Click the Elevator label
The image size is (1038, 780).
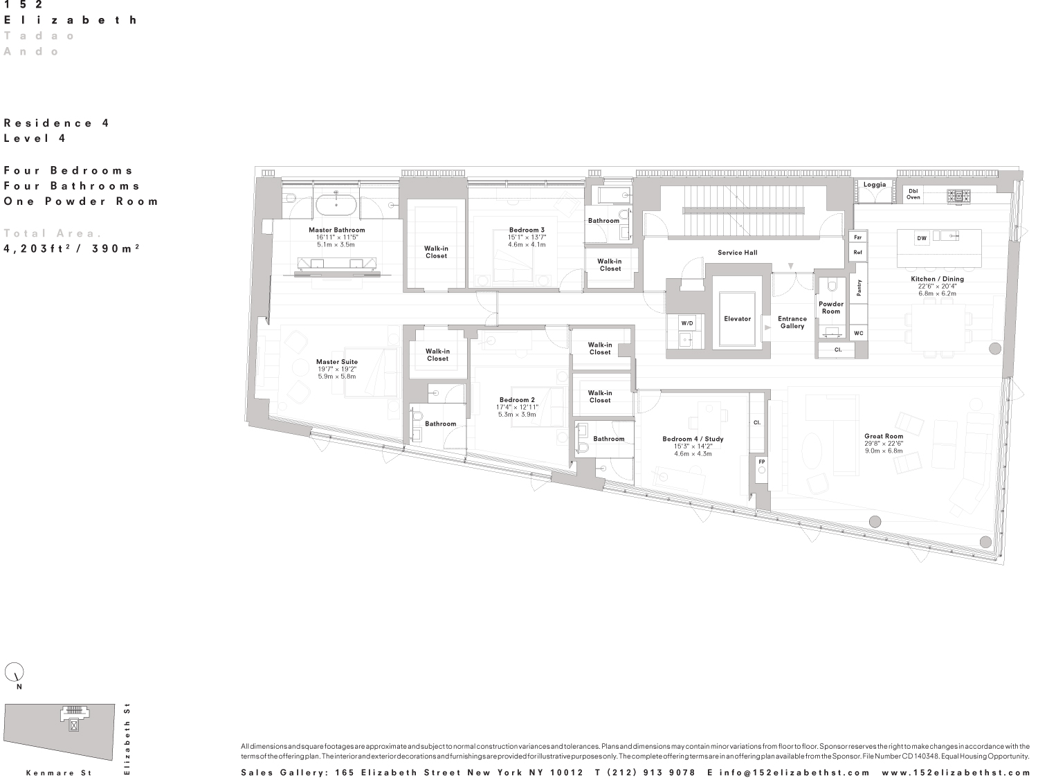(x=737, y=319)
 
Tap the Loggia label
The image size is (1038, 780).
(x=875, y=185)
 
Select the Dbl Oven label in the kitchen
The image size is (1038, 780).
(x=913, y=194)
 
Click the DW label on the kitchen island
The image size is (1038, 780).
(x=922, y=238)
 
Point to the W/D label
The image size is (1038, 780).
(x=687, y=323)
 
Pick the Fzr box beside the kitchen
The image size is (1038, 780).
(x=858, y=237)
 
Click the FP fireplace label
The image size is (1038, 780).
(x=762, y=462)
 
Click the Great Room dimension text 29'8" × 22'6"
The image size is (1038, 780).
(x=884, y=444)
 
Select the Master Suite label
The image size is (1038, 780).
(x=337, y=362)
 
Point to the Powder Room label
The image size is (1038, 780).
(x=831, y=307)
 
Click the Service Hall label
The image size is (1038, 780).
(x=737, y=253)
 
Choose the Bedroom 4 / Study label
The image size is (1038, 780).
(x=693, y=439)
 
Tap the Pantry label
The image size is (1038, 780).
(x=859, y=288)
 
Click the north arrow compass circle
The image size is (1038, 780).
(x=15, y=672)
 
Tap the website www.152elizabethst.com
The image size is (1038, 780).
(x=956, y=772)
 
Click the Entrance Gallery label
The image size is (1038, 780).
(x=792, y=322)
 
